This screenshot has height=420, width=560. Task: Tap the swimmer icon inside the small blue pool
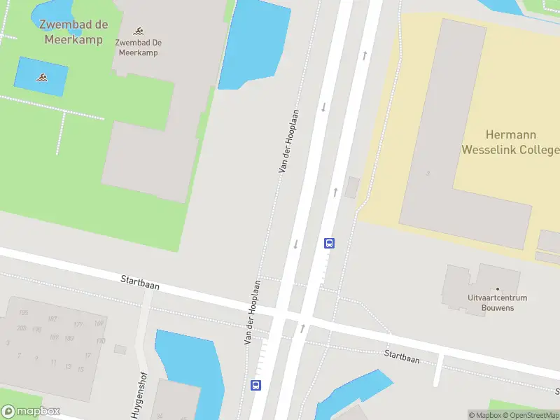click(41, 77)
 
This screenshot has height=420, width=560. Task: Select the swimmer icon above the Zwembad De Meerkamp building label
click(139, 31)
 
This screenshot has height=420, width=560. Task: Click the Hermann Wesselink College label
click(510, 142)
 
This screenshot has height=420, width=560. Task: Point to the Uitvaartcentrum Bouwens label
click(498, 303)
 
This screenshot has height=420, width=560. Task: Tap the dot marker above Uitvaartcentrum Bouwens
click(498, 288)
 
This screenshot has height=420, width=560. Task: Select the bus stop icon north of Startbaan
click(329, 244)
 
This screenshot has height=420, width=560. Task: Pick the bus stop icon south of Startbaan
click(256, 384)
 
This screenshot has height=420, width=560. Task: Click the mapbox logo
click(31, 412)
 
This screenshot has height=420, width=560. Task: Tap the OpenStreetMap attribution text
click(531, 415)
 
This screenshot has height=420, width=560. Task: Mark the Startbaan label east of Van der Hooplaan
click(402, 356)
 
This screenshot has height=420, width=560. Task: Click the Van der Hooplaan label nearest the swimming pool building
click(289, 141)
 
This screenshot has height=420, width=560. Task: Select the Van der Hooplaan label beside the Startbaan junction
click(252, 312)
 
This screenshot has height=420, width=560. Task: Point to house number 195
click(24, 313)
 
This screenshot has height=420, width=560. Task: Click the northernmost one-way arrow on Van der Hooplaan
click(364, 55)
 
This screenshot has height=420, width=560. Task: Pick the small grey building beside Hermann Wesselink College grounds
click(352, 187)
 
